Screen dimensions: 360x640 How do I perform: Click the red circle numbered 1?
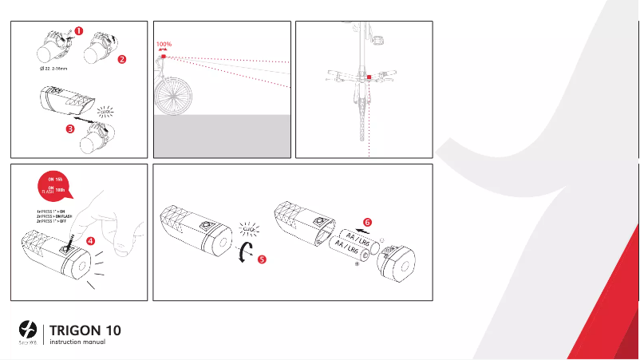pyautogui.click(x=78, y=31)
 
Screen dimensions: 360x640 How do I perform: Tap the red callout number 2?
pyautogui.click(x=121, y=58)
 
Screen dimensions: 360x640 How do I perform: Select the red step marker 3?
pyautogui.click(x=70, y=127)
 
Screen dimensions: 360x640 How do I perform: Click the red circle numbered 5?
pyautogui.click(x=260, y=259)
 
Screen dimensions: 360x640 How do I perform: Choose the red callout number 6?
pyautogui.click(x=366, y=220)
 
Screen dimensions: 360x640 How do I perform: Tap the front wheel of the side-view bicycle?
pyautogui.click(x=176, y=96)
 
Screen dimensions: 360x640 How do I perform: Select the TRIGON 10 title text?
pyautogui.click(x=85, y=330)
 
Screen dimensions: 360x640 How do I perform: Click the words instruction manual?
pyautogui.click(x=77, y=342)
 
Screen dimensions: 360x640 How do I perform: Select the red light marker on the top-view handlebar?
pyautogui.click(x=369, y=77)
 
